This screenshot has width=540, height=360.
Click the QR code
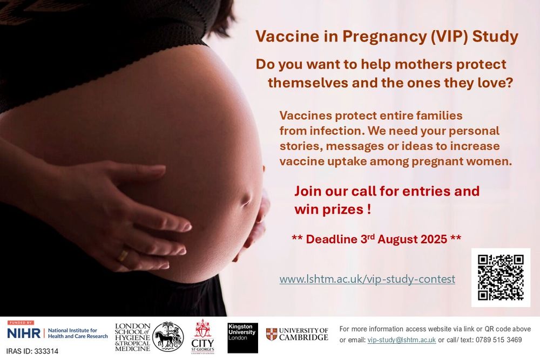point(501,277)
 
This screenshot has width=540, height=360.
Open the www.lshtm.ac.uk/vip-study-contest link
point(367,279)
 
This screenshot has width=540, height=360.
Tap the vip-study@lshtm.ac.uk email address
point(402,340)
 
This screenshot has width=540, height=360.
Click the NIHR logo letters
point(24,333)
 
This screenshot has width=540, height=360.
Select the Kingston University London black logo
point(242,338)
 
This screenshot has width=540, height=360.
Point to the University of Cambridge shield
point(272,334)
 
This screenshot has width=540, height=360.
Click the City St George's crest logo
point(203,336)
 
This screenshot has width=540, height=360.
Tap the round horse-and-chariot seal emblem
point(168,337)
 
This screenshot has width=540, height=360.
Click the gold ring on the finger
point(123,255)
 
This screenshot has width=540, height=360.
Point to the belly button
point(247,199)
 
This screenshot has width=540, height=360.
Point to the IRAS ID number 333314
point(46,351)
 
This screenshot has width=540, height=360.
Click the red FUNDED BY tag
point(21,323)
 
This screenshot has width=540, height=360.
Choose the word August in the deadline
point(395,239)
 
